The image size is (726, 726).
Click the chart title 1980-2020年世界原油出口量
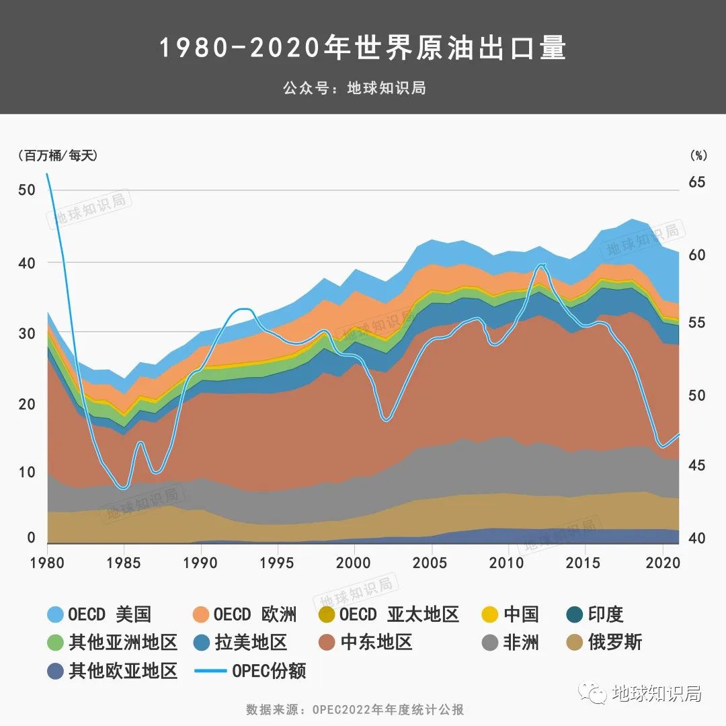[x=363, y=48]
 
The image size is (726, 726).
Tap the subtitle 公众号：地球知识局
[x=354, y=88]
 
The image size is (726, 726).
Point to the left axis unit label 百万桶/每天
[x=58, y=155]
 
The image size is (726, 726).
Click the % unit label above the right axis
[x=698, y=155]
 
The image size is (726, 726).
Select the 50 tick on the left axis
[x=26, y=190]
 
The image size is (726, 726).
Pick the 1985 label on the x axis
[x=124, y=562]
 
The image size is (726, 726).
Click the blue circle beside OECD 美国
[x=56, y=614]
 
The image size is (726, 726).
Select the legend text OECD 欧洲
[x=255, y=614]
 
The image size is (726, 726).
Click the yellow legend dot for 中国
[x=491, y=614]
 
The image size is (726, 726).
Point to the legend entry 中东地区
[x=376, y=643]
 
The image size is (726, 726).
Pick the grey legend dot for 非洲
[x=491, y=643]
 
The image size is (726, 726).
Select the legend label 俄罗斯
[x=614, y=643]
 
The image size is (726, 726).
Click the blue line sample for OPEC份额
[x=210, y=671]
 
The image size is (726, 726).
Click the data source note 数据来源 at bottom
[x=355, y=710]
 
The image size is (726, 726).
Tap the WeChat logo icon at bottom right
[x=594, y=693]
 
